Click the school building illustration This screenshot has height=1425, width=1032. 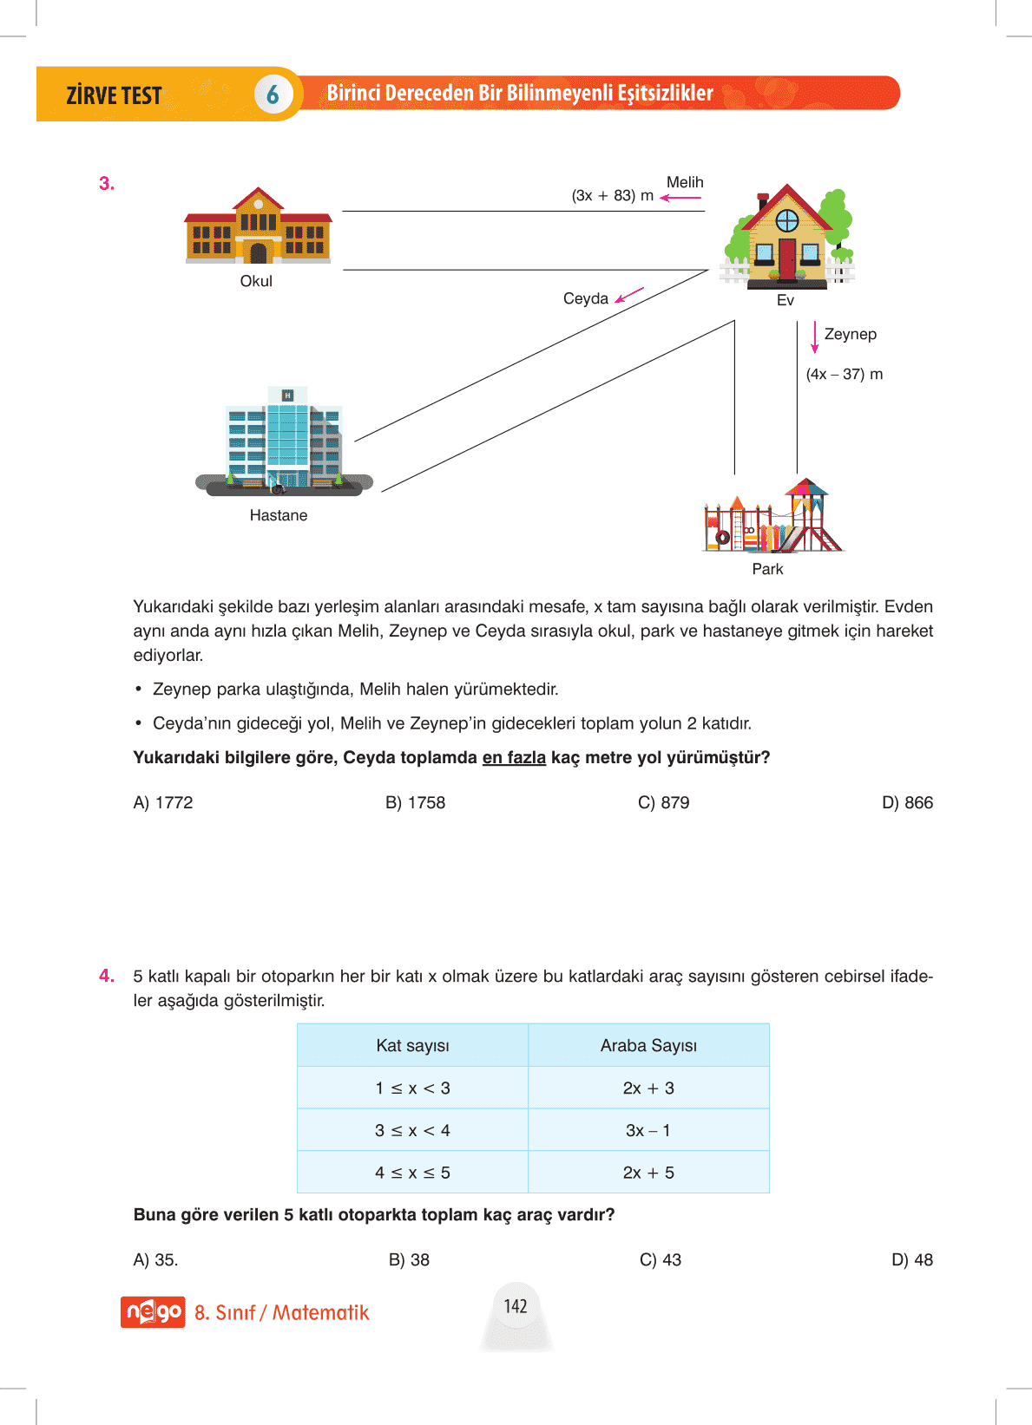click(x=258, y=227)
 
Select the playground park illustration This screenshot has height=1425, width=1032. click(x=772, y=517)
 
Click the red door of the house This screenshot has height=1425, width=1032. click(x=787, y=258)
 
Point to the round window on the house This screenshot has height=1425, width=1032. click(x=787, y=220)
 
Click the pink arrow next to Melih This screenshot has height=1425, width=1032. click(x=680, y=198)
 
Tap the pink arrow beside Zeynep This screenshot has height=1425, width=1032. click(x=814, y=337)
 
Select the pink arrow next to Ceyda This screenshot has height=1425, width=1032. click(x=629, y=295)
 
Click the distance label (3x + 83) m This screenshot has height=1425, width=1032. click(x=612, y=196)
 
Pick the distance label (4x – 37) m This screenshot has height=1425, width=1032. click(x=844, y=374)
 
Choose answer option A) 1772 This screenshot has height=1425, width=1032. click(x=163, y=802)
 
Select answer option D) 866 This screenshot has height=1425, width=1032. click(x=907, y=802)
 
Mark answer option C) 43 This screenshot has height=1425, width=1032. click(x=661, y=1259)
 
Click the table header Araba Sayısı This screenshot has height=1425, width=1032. click(x=648, y=1045)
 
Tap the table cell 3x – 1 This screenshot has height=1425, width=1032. click(x=648, y=1130)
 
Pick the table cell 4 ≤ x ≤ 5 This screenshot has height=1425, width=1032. click(x=412, y=1173)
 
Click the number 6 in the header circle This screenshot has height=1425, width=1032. click(x=273, y=95)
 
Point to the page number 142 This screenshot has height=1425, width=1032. click(x=516, y=1306)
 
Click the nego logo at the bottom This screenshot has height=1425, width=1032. click(x=153, y=1311)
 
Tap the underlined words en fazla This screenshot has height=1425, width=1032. click(x=514, y=757)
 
